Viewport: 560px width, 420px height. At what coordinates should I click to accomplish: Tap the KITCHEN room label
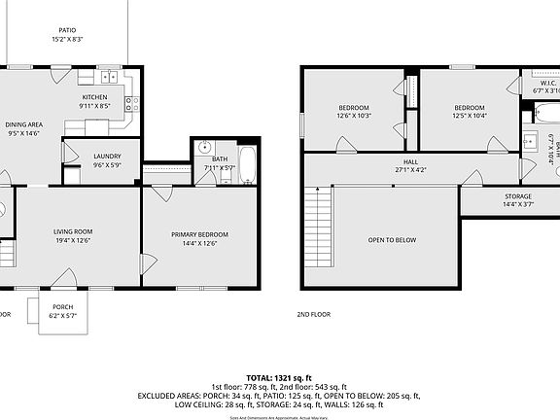[x=94, y=97]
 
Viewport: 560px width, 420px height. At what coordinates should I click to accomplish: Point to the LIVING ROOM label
[x=73, y=230]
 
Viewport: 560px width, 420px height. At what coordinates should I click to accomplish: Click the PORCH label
[x=62, y=306]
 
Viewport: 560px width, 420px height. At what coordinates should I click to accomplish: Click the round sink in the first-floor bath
[x=204, y=148]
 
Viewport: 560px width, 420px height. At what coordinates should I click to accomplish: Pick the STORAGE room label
[x=517, y=196]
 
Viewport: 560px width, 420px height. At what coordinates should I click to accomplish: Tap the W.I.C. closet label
[x=547, y=84]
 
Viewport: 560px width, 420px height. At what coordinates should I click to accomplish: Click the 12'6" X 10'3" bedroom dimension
[x=354, y=116]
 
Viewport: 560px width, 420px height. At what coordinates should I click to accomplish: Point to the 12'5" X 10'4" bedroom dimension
[x=470, y=116]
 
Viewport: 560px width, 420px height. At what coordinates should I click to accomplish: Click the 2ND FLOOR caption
[x=314, y=315]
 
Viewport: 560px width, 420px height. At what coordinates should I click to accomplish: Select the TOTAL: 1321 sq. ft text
[x=279, y=376]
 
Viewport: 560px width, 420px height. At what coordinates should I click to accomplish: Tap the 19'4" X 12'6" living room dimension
[x=73, y=239]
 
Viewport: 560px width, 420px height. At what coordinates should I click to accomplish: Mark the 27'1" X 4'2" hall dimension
[x=411, y=170]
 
